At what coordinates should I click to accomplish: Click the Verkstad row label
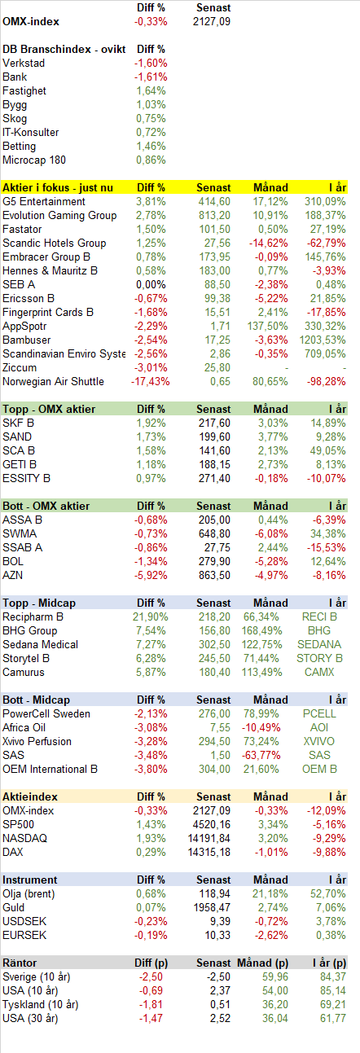pyautogui.click(x=24, y=63)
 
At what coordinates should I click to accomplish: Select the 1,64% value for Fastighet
pyautogui.click(x=151, y=90)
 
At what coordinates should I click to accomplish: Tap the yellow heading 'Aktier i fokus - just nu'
pyautogui.click(x=58, y=187)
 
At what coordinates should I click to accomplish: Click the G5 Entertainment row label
pyautogui.click(x=44, y=202)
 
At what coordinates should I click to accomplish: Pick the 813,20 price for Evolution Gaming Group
pyautogui.click(x=214, y=215)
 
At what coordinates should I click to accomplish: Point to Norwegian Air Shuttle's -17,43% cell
pyautogui.click(x=151, y=381)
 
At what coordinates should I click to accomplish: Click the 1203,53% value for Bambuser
pyautogui.click(x=323, y=340)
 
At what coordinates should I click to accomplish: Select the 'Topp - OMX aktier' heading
pyautogui.click(x=49, y=409)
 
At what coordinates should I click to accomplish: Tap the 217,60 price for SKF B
pyautogui.click(x=214, y=423)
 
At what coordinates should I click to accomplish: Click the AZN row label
pyautogui.click(x=13, y=575)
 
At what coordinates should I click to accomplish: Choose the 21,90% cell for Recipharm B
pyautogui.click(x=151, y=616)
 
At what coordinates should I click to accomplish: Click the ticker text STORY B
pyautogui.click(x=319, y=658)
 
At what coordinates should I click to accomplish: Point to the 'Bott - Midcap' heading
pyautogui.click(x=36, y=700)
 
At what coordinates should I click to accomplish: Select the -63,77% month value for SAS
pyautogui.click(x=261, y=755)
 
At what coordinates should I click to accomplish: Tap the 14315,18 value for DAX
pyautogui.click(x=209, y=852)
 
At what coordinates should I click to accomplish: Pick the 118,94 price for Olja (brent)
pyautogui.click(x=214, y=893)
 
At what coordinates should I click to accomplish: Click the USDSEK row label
pyautogui.click(x=24, y=921)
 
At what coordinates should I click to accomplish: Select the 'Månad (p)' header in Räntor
pyautogui.click(x=263, y=963)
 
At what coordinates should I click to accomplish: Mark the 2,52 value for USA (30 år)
pyautogui.click(x=221, y=1018)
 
